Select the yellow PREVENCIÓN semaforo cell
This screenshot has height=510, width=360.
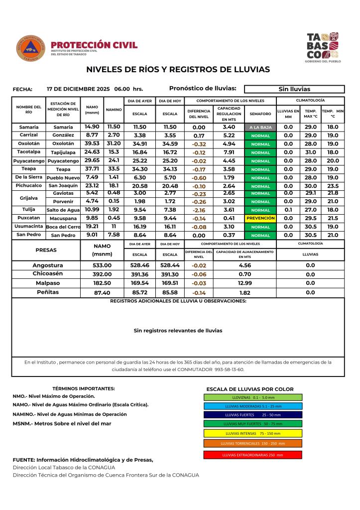(260, 218)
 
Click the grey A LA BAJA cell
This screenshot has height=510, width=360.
(260, 127)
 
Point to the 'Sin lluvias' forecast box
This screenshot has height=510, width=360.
(294, 89)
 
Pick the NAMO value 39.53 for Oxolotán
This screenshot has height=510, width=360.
(92, 143)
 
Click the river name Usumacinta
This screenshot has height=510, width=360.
(28, 226)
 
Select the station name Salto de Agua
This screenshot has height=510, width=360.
(63, 210)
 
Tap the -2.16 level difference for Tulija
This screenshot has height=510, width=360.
(199, 210)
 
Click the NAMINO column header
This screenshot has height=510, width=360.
(114, 110)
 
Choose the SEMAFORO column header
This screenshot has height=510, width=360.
(260, 114)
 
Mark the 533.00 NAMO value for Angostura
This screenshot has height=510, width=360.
(102, 265)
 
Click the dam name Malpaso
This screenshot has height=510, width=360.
(48, 282)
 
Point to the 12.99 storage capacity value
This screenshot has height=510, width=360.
(244, 283)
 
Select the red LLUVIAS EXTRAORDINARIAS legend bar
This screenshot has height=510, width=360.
(252, 455)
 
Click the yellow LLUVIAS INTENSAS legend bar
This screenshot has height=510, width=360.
(252, 433)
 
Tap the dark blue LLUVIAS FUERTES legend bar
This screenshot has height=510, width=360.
(252, 414)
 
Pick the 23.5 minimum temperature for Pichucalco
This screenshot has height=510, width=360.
(333, 186)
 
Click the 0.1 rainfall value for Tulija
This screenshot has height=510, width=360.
(288, 210)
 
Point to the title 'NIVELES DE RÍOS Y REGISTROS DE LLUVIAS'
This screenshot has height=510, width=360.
(178, 70)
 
